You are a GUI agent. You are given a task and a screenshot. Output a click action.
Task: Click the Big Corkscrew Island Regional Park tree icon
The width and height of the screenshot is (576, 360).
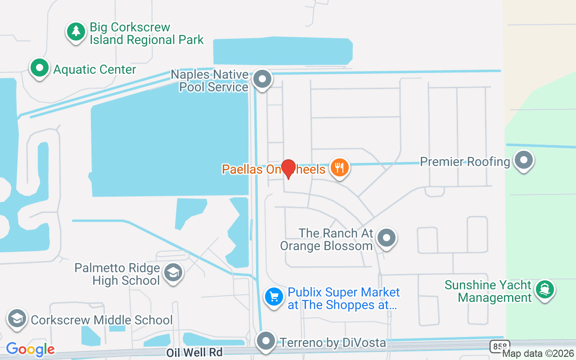click(x=76, y=31)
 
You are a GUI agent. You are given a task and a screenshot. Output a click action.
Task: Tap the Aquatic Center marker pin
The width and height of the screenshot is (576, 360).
click(x=39, y=68)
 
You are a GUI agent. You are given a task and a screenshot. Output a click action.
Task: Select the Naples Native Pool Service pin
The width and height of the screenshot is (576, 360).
click(x=262, y=80)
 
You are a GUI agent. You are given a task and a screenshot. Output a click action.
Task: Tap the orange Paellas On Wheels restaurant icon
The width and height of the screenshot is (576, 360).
click(x=339, y=168)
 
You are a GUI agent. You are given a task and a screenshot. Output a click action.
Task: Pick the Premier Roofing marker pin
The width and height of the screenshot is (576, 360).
click(x=523, y=160)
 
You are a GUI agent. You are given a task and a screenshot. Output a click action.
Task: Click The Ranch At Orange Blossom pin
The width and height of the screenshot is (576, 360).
click(x=386, y=238)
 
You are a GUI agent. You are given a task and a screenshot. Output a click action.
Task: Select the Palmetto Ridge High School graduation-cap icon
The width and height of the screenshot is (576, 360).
click(x=173, y=273)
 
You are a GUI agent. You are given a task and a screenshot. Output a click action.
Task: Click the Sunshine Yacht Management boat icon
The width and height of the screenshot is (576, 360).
click(x=544, y=289)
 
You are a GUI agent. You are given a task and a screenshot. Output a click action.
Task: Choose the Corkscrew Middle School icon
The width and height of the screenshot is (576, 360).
click(x=17, y=319)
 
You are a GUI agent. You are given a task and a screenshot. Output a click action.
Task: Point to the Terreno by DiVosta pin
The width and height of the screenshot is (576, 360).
click(x=266, y=341)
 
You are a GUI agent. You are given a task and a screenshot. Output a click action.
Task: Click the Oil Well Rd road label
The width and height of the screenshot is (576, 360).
click(x=194, y=352)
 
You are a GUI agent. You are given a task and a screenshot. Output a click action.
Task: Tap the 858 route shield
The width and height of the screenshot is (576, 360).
click(x=499, y=346)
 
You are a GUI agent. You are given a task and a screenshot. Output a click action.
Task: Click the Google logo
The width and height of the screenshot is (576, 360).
click(x=30, y=349)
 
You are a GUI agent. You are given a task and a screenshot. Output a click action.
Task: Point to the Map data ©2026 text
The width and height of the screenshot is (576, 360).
click(x=538, y=354)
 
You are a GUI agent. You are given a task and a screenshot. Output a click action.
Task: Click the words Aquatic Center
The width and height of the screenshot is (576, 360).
click(x=94, y=70)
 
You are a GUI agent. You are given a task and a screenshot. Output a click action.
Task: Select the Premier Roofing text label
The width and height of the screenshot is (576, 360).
click(x=465, y=162)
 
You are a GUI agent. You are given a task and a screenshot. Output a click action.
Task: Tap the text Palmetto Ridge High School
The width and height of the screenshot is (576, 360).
click(x=117, y=274)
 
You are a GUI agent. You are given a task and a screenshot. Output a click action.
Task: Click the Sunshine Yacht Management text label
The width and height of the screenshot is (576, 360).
click(x=488, y=291)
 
